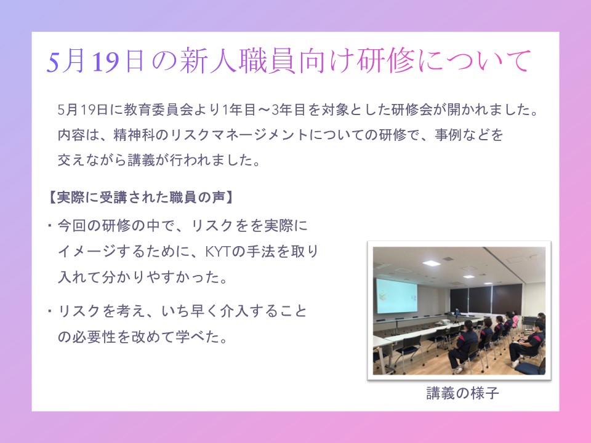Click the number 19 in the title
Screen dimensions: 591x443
[x=106, y=62]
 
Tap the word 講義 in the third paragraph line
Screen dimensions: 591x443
[x=141, y=160]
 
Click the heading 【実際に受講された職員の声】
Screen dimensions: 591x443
[x=140, y=197]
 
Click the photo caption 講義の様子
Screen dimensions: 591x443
[x=462, y=393]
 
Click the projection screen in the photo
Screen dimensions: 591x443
[x=396, y=296]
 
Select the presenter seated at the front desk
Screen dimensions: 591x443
[x=457, y=313]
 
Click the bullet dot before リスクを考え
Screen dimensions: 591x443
[x=49, y=311]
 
